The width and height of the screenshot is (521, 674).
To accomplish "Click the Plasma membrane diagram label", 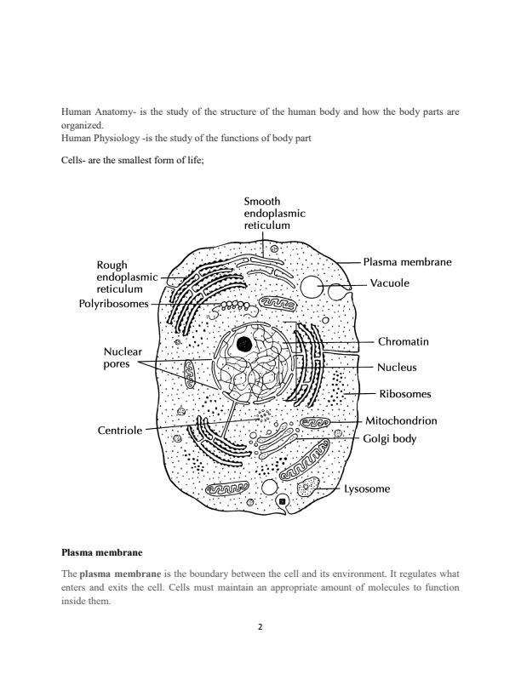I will click(x=406, y=263).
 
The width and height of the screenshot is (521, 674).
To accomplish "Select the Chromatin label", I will click(x=403, y=341).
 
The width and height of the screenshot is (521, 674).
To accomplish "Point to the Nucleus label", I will click(x=398, y=368).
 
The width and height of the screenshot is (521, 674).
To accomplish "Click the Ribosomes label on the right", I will click(x=404, y=394).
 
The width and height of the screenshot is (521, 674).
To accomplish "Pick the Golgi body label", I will click(x=389, y=439).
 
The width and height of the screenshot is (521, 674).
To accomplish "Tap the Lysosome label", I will click(x=367, y=489).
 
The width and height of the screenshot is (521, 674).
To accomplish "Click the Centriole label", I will click(x=119, y=431).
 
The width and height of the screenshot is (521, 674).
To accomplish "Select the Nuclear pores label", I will click(x=123, y=358).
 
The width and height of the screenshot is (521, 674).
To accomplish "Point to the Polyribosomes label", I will click(x=113, y=303).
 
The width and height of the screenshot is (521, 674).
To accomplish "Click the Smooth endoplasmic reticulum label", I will click(x=274, y=214).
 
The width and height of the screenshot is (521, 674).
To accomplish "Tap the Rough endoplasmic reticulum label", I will click(x=127, y=277).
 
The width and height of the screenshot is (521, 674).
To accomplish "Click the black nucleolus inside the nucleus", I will click(x=244, y=345).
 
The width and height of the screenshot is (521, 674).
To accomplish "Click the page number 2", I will click(x=260, y=628).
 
